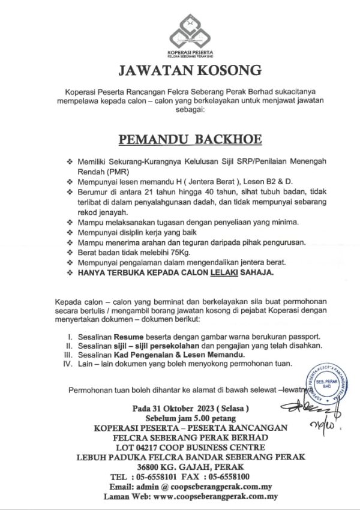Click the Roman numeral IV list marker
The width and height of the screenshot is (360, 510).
pyautogui.click(x=70, y=364)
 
